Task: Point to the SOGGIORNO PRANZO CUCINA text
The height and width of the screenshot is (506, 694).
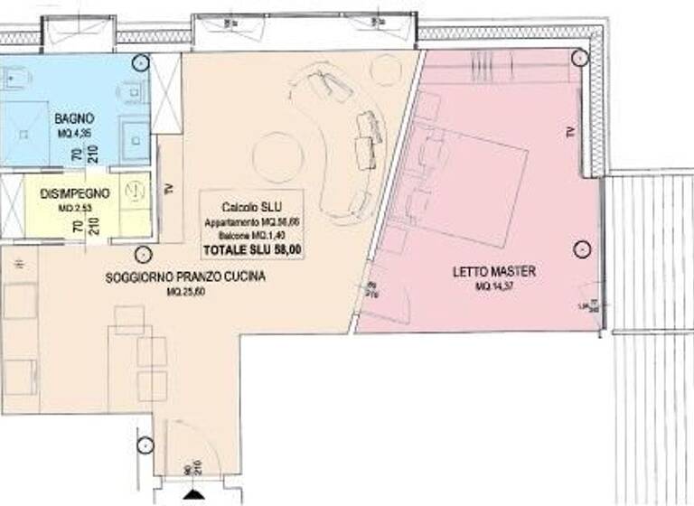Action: coord(184,277)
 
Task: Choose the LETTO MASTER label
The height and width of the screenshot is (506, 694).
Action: coord(493,271)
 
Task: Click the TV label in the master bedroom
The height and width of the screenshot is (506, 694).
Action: coord(569,133)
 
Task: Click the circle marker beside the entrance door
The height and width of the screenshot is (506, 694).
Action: coord(143,445)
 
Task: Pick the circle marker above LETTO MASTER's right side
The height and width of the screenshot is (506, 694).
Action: coord(579,249)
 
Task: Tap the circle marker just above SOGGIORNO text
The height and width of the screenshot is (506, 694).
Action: coord(141,256)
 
